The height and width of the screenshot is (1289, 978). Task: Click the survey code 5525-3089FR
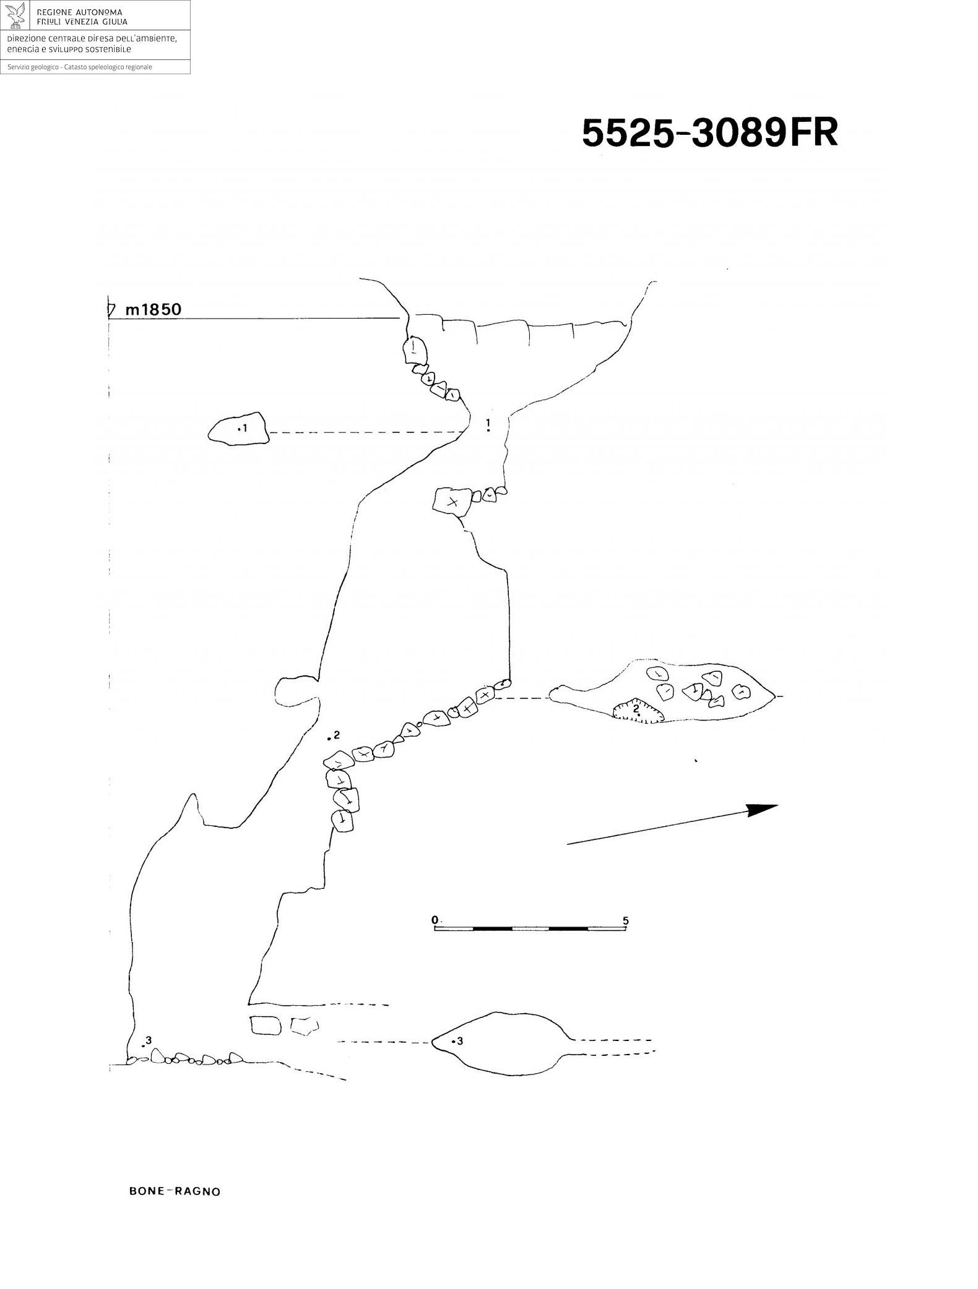pos(709,133)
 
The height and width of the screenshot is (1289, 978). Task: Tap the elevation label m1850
pos(154,310)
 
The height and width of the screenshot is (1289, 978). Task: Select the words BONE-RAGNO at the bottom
pos(175,1191)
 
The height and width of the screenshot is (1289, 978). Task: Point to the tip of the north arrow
pos(776,805)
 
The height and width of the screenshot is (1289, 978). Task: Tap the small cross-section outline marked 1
pos(238,429)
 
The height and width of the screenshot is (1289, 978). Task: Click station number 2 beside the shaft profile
pos(337,735)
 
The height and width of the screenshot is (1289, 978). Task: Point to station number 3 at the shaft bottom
pos(149,1040)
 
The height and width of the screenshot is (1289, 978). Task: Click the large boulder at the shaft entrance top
pos(414,351)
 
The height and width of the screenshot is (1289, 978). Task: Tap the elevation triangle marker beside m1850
pos(111,310)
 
